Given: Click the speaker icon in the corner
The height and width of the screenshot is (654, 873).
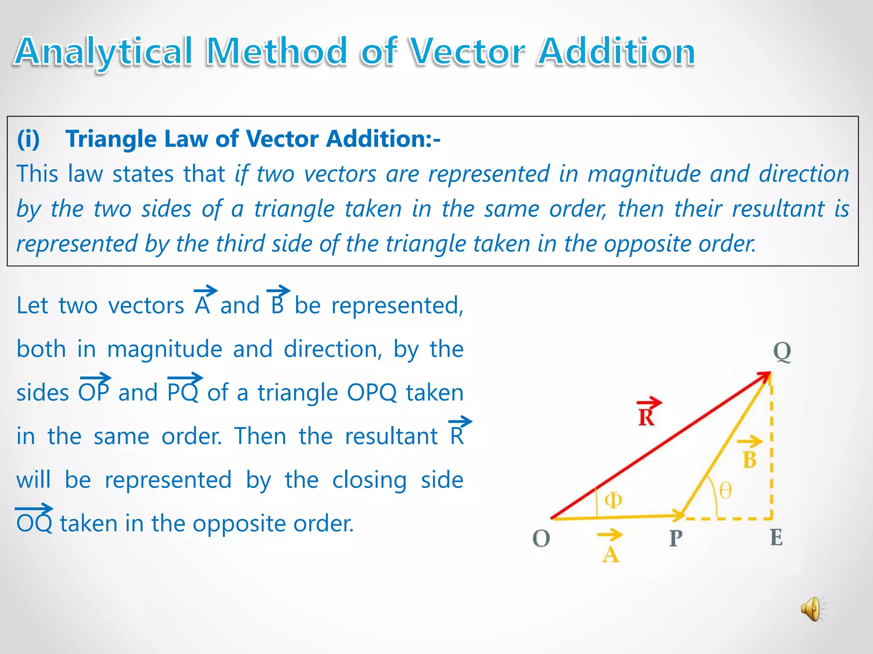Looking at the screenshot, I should click(x=812, y=609).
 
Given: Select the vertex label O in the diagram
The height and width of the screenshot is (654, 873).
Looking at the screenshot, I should click(x=541, y=539).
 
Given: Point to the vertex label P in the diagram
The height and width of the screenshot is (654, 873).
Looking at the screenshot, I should click(x=676, y=539).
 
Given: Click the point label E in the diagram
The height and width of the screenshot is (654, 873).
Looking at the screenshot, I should click(x=776, y=538).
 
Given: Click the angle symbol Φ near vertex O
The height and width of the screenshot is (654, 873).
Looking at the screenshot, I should click(x=613, y=500).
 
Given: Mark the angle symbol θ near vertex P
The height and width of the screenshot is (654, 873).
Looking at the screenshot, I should click(x=726, y=490).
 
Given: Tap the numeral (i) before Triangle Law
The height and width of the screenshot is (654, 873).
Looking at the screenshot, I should click(x=28, y=139).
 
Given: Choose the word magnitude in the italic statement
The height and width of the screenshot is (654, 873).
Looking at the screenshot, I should click(x=644, y=174).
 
